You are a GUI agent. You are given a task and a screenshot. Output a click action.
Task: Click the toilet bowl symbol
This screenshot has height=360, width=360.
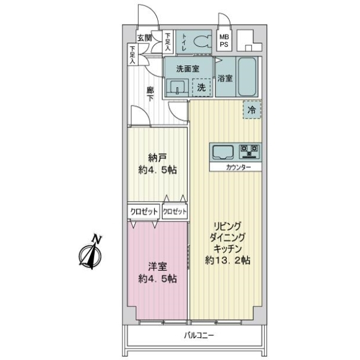point(202,41)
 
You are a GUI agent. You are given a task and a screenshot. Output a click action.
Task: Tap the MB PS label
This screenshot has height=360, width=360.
point(224,40)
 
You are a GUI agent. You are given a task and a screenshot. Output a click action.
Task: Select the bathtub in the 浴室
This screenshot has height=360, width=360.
point(247,77)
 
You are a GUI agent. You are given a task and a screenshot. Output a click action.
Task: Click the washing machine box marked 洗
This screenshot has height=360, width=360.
point(202,87)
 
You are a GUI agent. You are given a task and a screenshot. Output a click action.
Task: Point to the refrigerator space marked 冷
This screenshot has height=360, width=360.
point(252,110)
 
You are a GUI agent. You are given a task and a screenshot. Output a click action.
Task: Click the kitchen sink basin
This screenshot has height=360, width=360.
point(223,152)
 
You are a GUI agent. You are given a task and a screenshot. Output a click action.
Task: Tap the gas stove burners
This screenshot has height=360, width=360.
point(250,152)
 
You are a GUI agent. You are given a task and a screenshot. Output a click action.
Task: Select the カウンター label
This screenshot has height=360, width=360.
point(238,167)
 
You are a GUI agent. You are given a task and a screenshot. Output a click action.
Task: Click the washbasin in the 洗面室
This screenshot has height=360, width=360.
point(177,88)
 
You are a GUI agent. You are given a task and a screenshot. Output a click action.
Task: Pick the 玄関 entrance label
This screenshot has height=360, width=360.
point(145,38)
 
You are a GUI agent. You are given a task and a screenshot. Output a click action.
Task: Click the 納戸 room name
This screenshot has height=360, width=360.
point(157,158)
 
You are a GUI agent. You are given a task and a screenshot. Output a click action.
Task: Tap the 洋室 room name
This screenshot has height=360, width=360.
point(157,266)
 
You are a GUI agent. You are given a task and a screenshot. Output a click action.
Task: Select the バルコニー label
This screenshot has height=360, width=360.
point(199,335)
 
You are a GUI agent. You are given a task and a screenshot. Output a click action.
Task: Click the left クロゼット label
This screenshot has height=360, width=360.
point(144,211)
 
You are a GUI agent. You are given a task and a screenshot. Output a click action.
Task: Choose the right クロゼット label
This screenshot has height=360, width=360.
point(175,211)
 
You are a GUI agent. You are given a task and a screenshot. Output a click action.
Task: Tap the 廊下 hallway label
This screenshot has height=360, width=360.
point(151,94)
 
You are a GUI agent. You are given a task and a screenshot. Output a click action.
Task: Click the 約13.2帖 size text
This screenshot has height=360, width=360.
point(227,260)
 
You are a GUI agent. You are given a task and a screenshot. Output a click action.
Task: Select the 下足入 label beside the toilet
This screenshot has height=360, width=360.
point(168,42)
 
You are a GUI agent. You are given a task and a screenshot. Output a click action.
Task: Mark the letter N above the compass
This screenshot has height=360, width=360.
point(97,239)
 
